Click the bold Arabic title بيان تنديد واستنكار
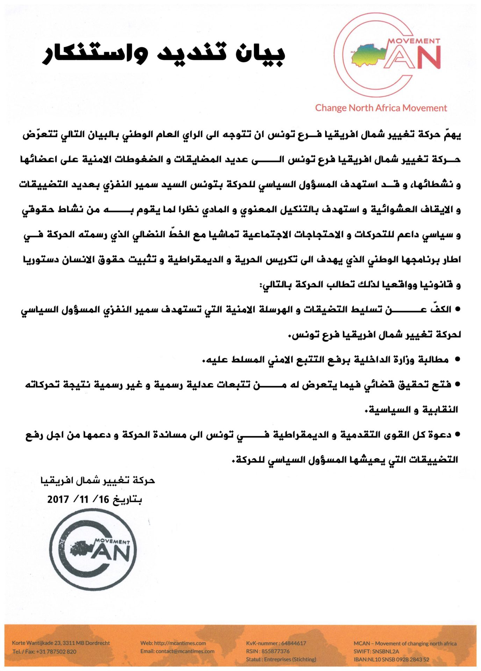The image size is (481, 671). (164, 53)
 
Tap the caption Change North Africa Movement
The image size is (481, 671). (381, 108)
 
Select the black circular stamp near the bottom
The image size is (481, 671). (93, 549)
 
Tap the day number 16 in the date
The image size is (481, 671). (104, 499)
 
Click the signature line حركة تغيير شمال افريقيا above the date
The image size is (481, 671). (98, 481)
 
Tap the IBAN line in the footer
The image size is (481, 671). (391, 659)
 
